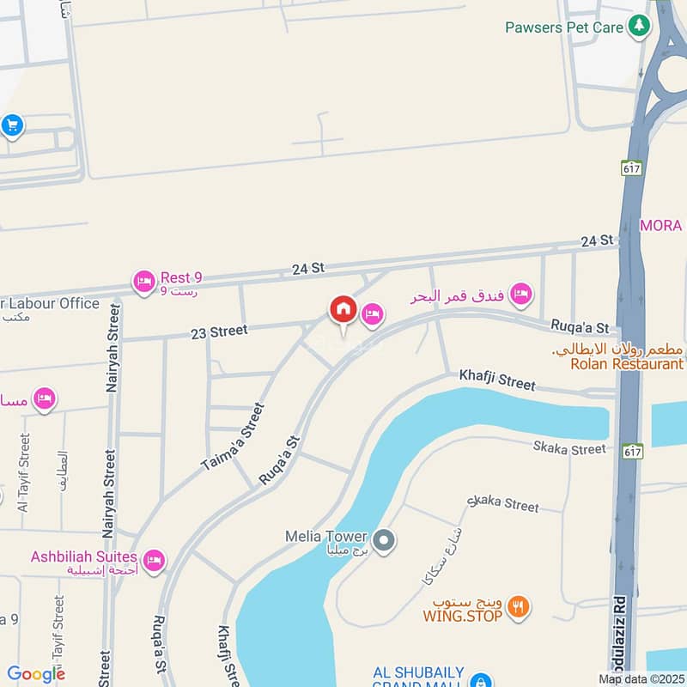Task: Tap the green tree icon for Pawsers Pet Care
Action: pyautogui.click(x=637, y=27)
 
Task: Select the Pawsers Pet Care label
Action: pyautogui.click(x=563, y=27)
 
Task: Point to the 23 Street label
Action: pyautogui.click(x=220, y=331)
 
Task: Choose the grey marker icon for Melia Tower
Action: pyautogui.click(x=385, y=540)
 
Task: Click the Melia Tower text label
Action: pyautogui.click(x=326, y=537)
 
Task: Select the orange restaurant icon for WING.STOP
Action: pyautogui.click(x=517, y=607)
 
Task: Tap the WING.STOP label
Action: pyautogui.click(x=462, y=615)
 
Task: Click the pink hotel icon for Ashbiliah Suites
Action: pyautogui.click(x=154, y=561)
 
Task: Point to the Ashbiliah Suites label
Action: pyautogui.click(x=84, y=556)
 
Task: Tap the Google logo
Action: pyautogui.click(x=36, y=674)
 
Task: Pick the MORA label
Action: pyautogui.click(x=661, y=225)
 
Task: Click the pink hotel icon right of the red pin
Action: pyautogui.click(x=372, y=315)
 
